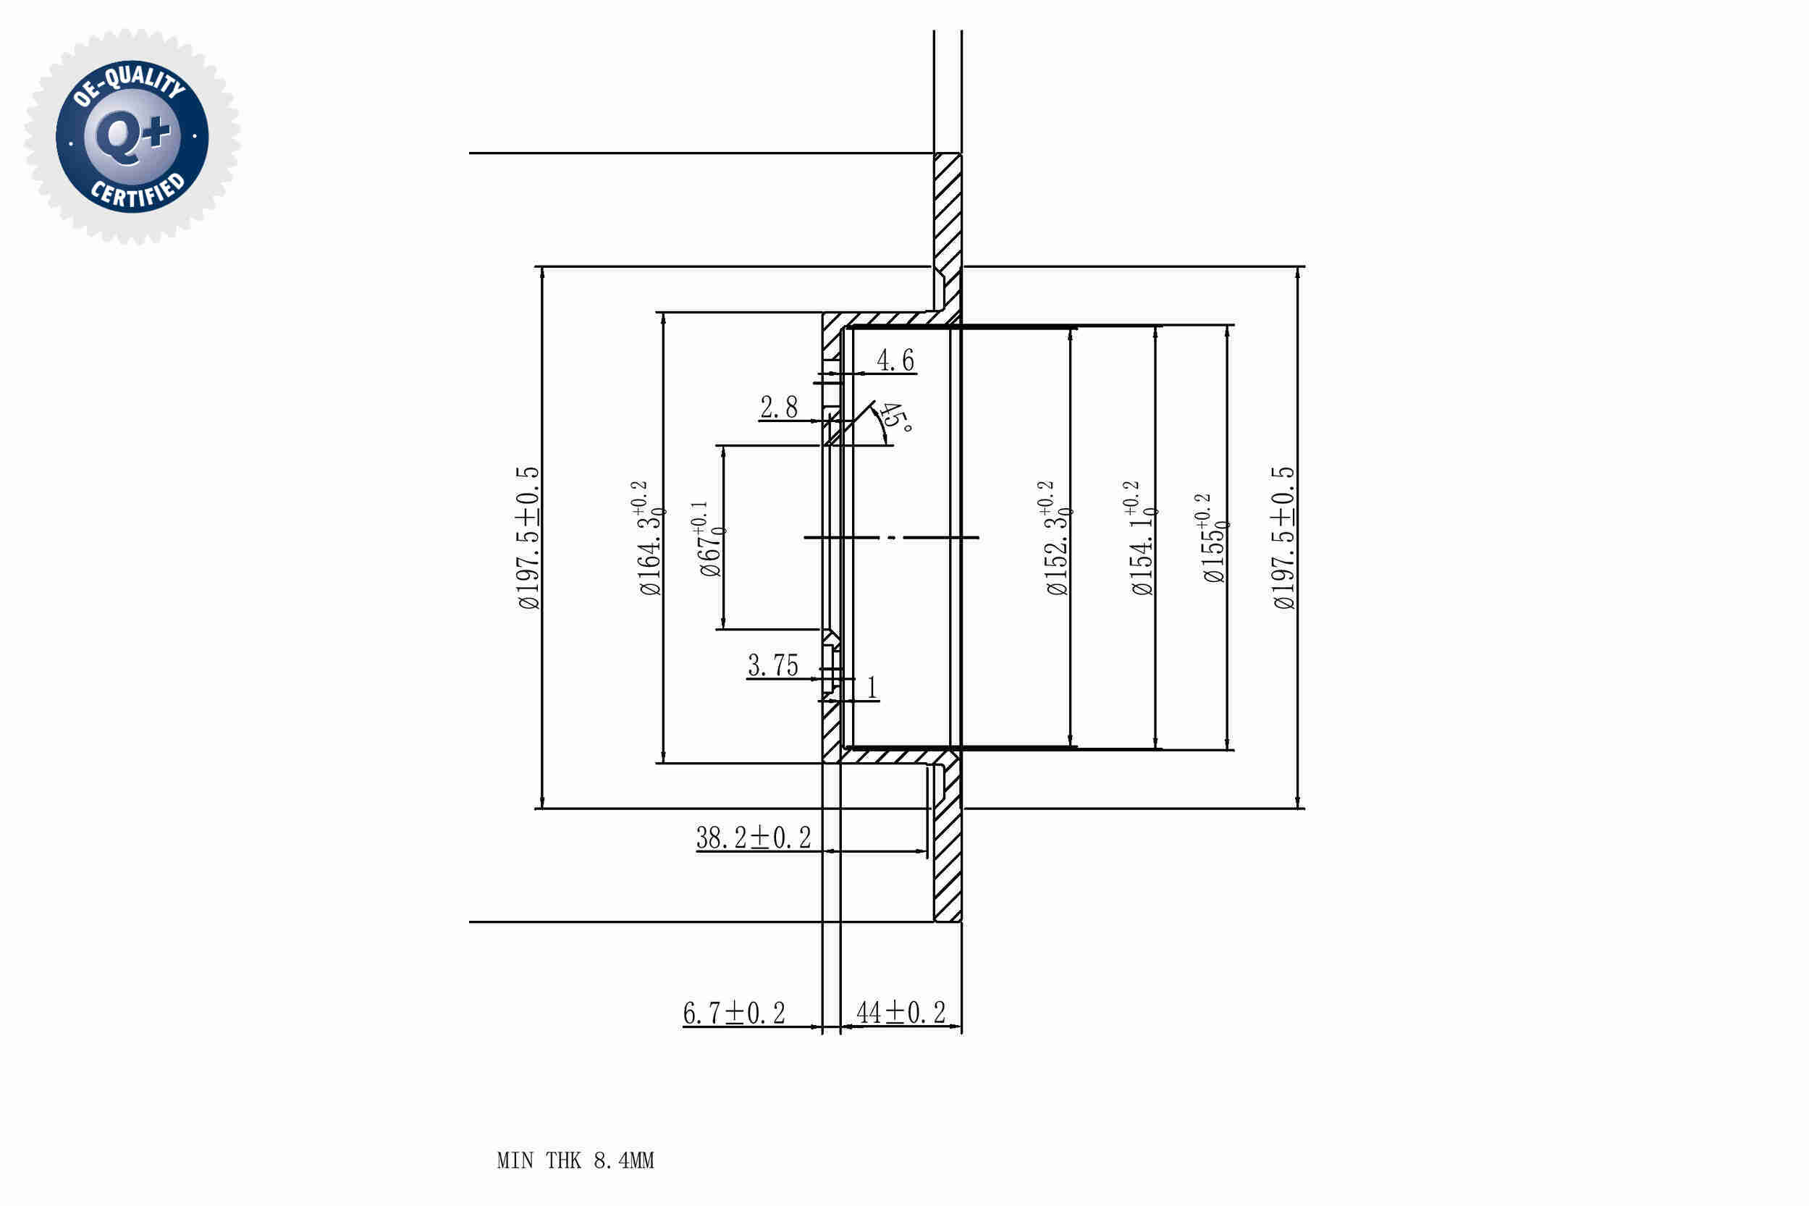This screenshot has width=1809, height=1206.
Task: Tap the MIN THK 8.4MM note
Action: pos(575,1160)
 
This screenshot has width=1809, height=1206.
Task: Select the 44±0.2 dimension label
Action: pos(901,1012)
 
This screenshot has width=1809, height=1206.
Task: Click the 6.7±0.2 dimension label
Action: pos(734,1013)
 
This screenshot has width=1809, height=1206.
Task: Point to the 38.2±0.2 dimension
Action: pos(753,838)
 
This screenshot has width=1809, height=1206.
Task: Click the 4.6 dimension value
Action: pos(895,360)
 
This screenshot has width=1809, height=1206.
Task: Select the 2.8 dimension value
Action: pos(778,407)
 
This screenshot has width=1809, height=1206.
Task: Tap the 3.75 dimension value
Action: pos(773,665)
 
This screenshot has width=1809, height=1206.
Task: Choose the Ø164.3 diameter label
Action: pos(650,538)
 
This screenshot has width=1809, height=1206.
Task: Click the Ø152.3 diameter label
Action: pos(1057,538)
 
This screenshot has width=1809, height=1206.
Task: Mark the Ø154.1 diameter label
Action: pos(1142,538)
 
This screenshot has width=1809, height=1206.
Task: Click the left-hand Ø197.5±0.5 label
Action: pos(529,538)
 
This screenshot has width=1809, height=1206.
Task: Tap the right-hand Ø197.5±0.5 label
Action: pos(1283,538)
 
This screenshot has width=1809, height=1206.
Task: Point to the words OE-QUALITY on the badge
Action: pos(129,84)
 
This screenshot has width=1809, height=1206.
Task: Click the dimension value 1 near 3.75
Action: pos(872,687)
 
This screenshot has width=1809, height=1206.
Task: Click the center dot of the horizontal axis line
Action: pos(891,538)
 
